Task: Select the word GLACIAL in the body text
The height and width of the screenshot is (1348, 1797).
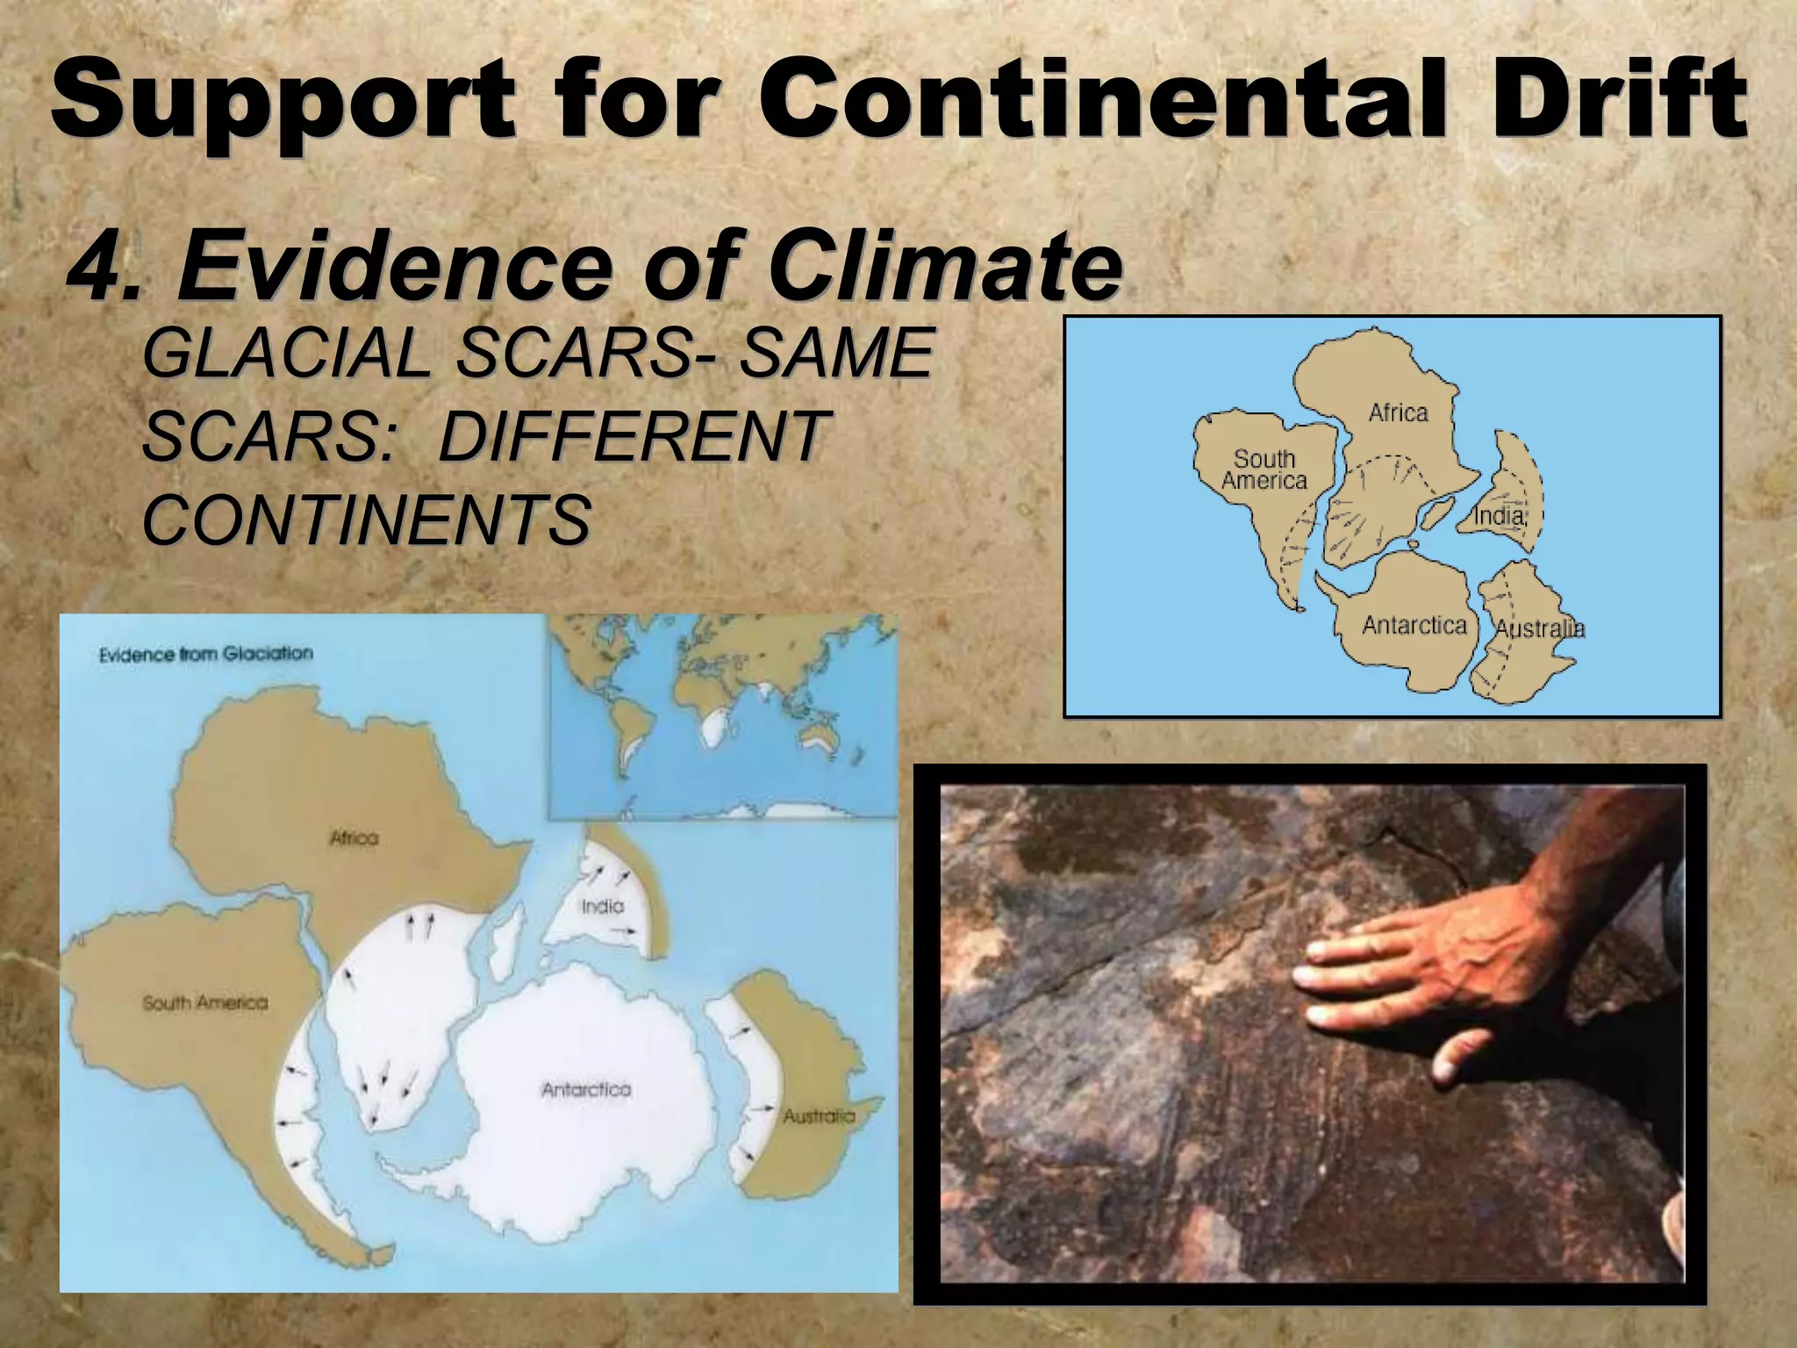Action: point(285,353)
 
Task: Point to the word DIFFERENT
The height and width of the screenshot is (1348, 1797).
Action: point(631,436)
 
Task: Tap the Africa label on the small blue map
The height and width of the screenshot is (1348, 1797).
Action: point(1398,412)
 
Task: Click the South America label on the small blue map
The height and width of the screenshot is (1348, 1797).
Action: point(1264,470)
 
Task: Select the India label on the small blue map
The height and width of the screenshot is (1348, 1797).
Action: point(1499,515)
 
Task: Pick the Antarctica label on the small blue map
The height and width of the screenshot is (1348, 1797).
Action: point(1414,625)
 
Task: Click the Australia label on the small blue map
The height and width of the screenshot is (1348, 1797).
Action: point(1540,628)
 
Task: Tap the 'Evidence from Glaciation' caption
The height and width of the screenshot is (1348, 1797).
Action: point(205,654)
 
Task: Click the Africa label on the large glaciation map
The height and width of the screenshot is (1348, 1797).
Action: point(354,838)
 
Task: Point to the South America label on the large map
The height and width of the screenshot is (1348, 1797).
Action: point(205,1002)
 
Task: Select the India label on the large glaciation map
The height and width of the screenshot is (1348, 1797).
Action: point(603,906)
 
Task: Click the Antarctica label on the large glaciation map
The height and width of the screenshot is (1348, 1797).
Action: point(586,1090)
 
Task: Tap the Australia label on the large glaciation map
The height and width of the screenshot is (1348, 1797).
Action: point(819,1116)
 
